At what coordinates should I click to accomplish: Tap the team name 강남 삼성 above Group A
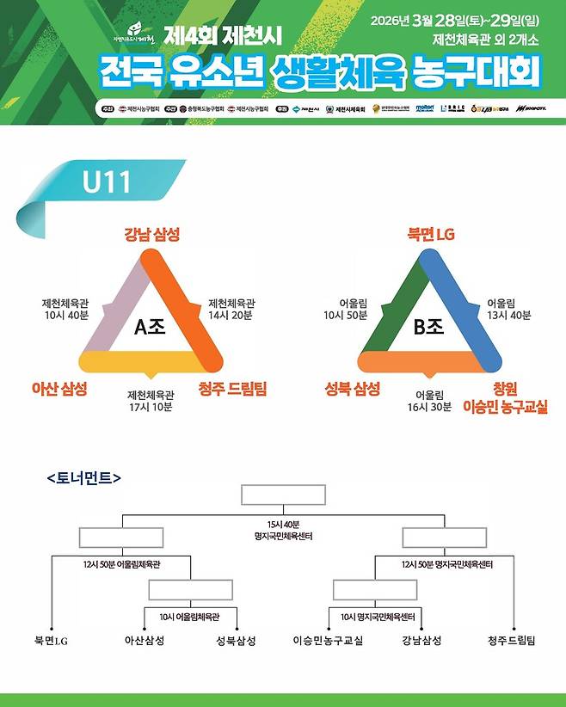(x=151, y=234)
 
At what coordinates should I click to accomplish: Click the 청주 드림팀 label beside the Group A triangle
(x=232, y=389)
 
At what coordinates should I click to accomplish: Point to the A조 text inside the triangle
(x=151, y=326)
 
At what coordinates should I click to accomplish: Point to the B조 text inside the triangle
(x=428, y=326)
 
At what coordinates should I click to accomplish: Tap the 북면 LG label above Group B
(x=430, y=234)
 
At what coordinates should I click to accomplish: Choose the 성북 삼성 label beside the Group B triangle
(x=352, y=389)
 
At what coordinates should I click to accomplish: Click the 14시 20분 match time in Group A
(x=231, y=316)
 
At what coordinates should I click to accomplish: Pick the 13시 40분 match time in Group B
(x=509, y=316)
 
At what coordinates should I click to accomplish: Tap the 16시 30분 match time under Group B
(x=428, y=407)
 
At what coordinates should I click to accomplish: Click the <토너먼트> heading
(x=84, y=476)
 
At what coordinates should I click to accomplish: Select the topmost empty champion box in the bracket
(x=283, y=495)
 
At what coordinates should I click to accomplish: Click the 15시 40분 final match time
(x=283, y=524)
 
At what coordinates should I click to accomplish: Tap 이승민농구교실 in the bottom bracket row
(x=328, y=641)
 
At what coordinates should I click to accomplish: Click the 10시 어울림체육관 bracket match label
(x=189, y=617)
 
